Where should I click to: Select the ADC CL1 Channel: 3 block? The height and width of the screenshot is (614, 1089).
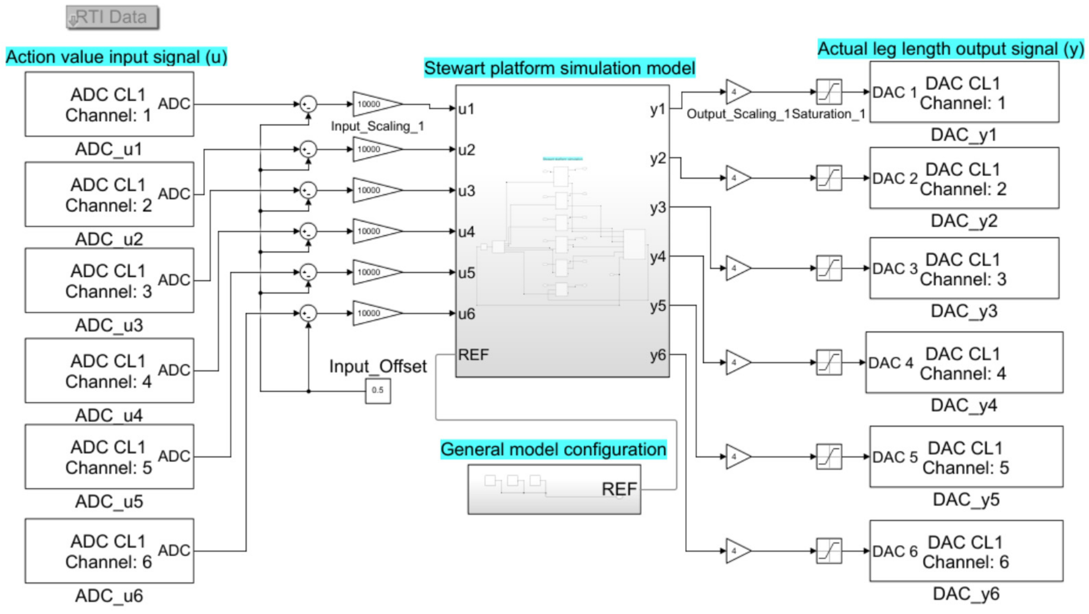(109, 280)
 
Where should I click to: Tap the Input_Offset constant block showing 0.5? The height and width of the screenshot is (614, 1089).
(378, 390)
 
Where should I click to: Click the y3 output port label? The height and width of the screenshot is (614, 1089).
(658, 207)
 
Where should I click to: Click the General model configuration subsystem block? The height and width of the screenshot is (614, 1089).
(554, 489)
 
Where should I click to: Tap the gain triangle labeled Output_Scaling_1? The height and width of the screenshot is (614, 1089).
(737, 92)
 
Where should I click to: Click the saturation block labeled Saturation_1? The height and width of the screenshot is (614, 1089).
(829, 92)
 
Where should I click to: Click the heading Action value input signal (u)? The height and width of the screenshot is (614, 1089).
(116, 57)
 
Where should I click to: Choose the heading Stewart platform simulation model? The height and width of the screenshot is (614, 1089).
(559, 68)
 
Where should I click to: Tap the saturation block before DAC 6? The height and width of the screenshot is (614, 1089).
(829, 551)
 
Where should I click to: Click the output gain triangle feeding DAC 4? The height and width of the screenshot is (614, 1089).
(737, 362)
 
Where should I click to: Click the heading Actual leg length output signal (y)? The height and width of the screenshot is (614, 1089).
(950, 49)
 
